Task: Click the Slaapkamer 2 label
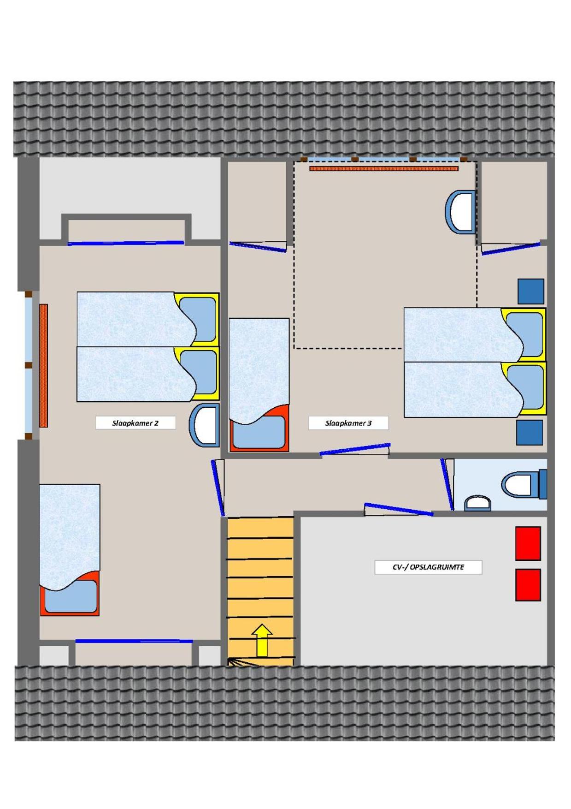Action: [135, 423]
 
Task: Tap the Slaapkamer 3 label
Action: [348, 423]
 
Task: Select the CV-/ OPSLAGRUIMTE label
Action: [428, 567]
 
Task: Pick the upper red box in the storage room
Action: [528, 543]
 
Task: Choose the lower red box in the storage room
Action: [528, 585]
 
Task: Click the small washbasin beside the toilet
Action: [477, 503]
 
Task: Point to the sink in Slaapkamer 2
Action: [204, 425]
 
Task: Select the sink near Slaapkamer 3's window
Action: [460, 212]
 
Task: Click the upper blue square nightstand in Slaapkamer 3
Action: [530, 291]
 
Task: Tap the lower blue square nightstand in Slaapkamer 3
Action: [530, 432]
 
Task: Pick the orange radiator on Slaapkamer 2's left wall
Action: [43, 365]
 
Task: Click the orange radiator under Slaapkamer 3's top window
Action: [384, 169]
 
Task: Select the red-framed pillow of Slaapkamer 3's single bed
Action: [259, 428]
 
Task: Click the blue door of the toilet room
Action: [447, 484]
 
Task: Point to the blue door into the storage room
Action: [399, 509]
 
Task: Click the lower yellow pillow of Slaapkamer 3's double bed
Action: [524, 389]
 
